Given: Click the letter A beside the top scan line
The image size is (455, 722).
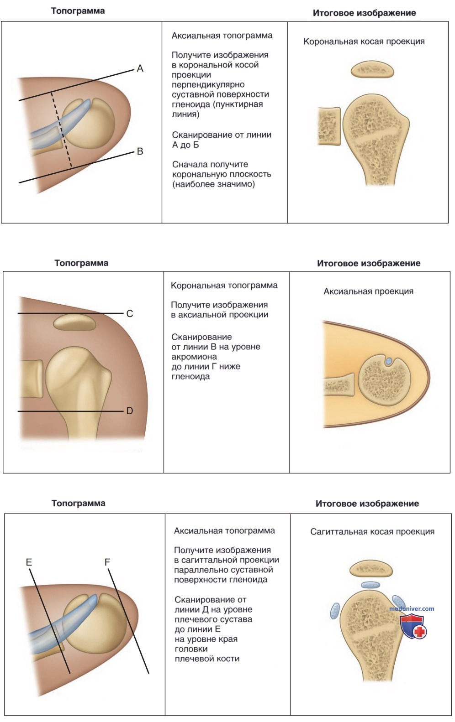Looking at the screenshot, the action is pos(140,68).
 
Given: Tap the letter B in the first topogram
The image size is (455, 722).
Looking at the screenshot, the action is pos(140,151).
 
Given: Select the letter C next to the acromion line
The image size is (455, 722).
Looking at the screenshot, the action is pos(129,314).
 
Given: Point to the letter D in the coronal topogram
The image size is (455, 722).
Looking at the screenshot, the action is pos(129,411).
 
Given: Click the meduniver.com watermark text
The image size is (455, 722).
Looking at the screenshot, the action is pos(412,608).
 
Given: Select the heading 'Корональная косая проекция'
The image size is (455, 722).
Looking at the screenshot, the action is pos(364,42).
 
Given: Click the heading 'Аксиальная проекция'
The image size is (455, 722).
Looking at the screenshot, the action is pos(369,291).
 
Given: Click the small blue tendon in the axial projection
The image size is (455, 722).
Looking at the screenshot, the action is pos(390,361).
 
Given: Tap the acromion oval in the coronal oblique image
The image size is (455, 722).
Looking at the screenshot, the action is pos(372,70).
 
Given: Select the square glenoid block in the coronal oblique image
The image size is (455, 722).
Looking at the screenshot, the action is pos(329,126).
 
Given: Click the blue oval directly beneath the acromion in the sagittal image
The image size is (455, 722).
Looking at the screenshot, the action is pos(370,585).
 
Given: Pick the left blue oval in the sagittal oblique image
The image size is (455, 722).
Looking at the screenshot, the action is pos(335,611).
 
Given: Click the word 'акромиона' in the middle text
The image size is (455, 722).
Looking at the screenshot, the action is pos(194,357).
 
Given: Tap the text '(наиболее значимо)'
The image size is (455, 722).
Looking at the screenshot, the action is pos(213,184).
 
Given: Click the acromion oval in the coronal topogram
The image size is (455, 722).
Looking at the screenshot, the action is pos(74,322).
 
